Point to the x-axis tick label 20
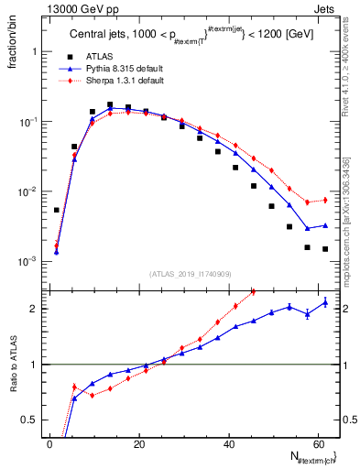pos(137,444)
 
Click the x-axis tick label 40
pos(227,444)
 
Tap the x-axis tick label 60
pos(316,444)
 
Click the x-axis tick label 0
pos(49,444)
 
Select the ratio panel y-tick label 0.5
pos(28,420)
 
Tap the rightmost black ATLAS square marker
pos(325,248)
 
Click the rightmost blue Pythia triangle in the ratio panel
pos(325,302)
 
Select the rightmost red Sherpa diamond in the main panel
pos(325,200)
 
